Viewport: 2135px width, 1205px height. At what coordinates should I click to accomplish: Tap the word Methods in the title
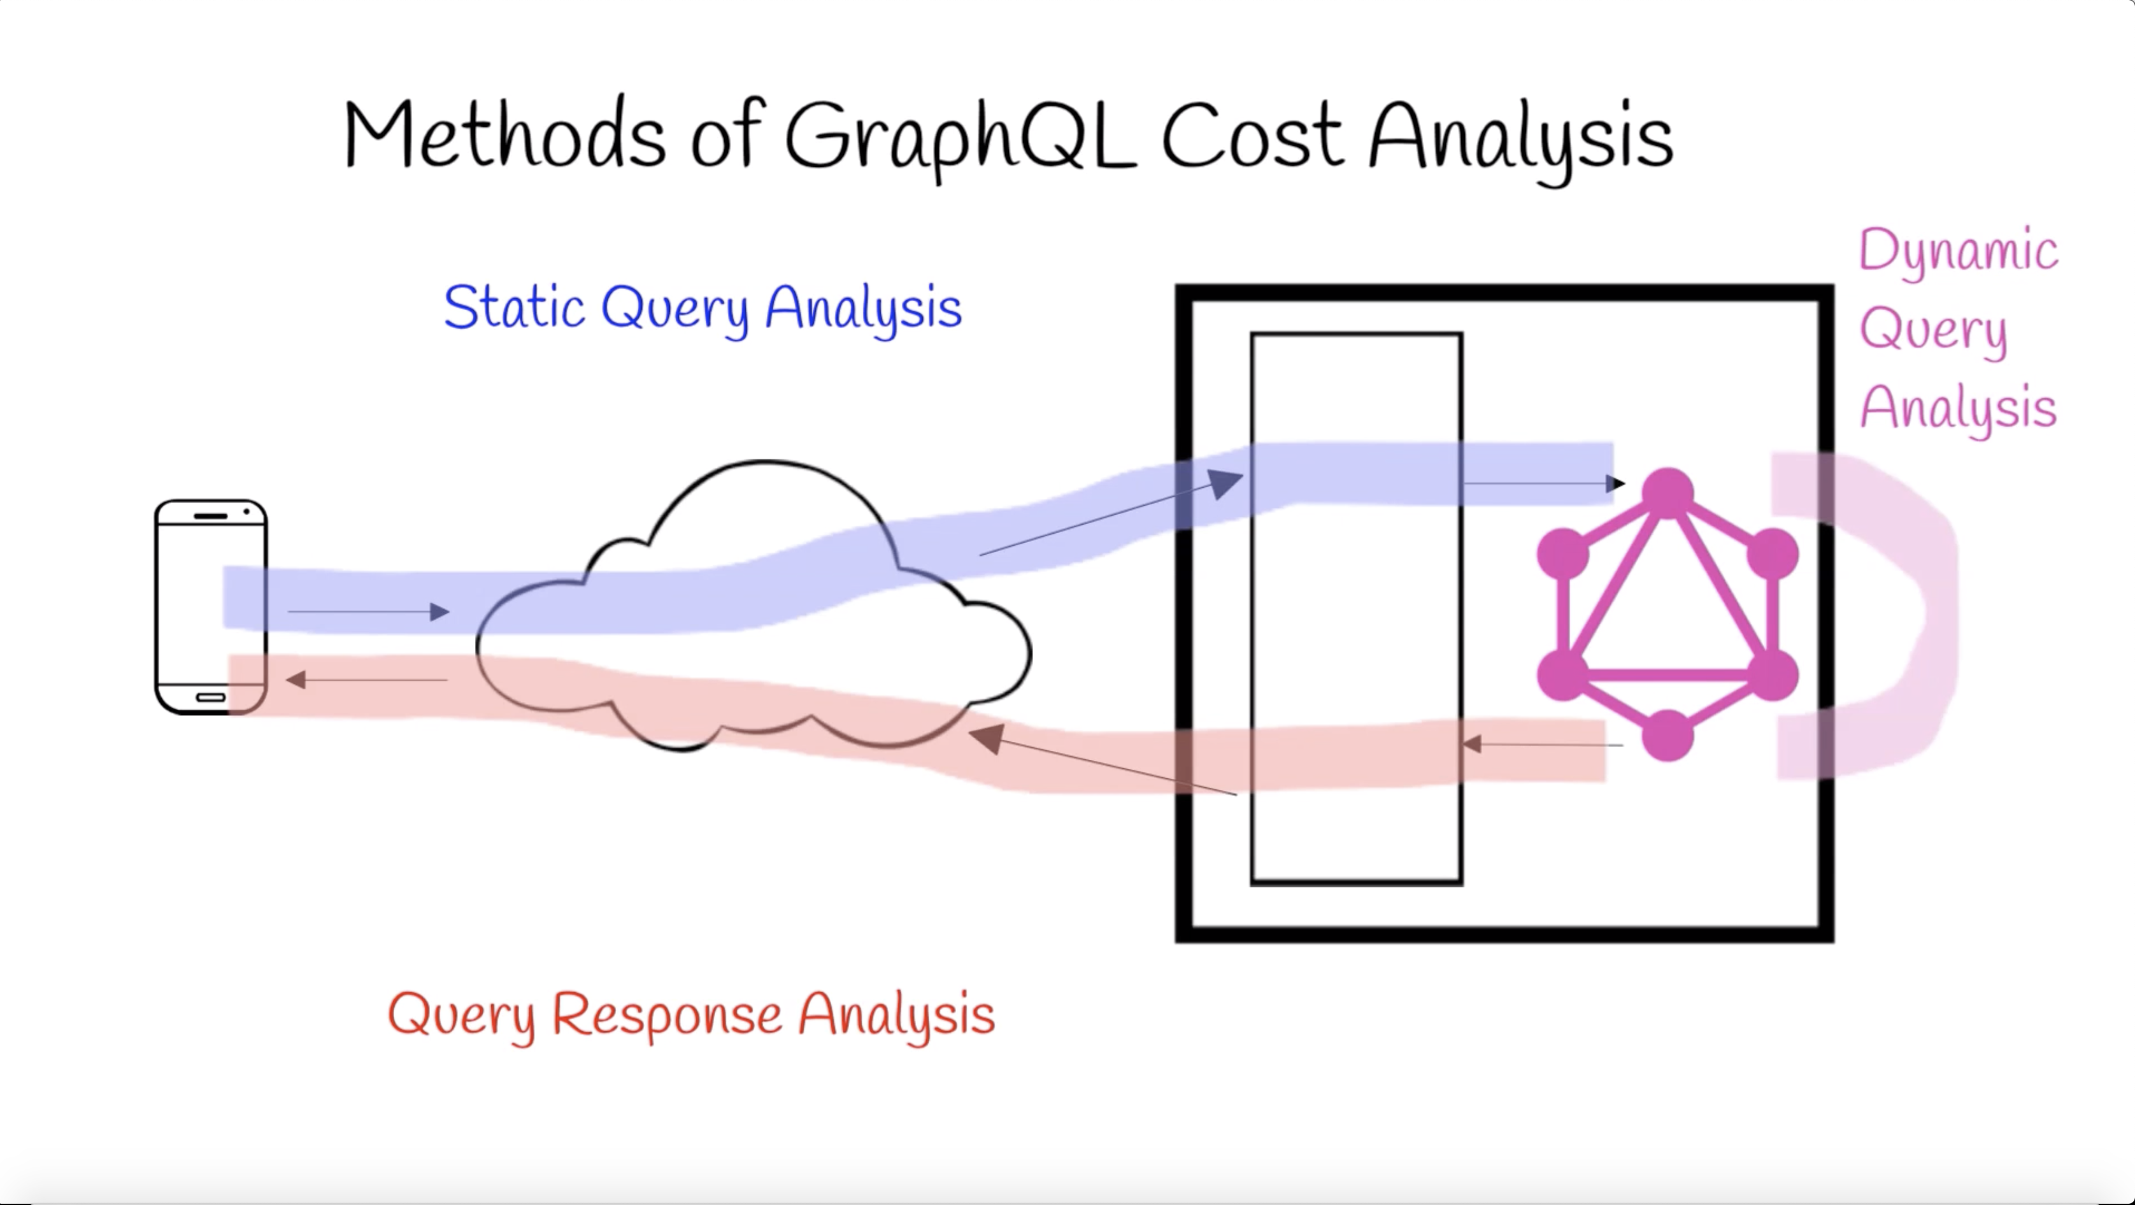[504, 135]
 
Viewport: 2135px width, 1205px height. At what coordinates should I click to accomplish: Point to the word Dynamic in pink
[1959, 250]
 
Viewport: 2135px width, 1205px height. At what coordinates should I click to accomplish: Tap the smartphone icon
[211, 607]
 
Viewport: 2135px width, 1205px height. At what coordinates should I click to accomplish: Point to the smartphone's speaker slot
[211, 517]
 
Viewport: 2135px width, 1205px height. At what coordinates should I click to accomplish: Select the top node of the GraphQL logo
[1667, 493]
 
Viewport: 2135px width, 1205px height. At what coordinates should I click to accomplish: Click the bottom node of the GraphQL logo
[1667, 735]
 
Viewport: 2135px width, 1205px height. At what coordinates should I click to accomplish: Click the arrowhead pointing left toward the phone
[296, 680]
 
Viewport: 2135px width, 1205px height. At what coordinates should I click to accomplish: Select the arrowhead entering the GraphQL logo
[1616, 483]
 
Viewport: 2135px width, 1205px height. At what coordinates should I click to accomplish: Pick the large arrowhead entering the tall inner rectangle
[1226, 482]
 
